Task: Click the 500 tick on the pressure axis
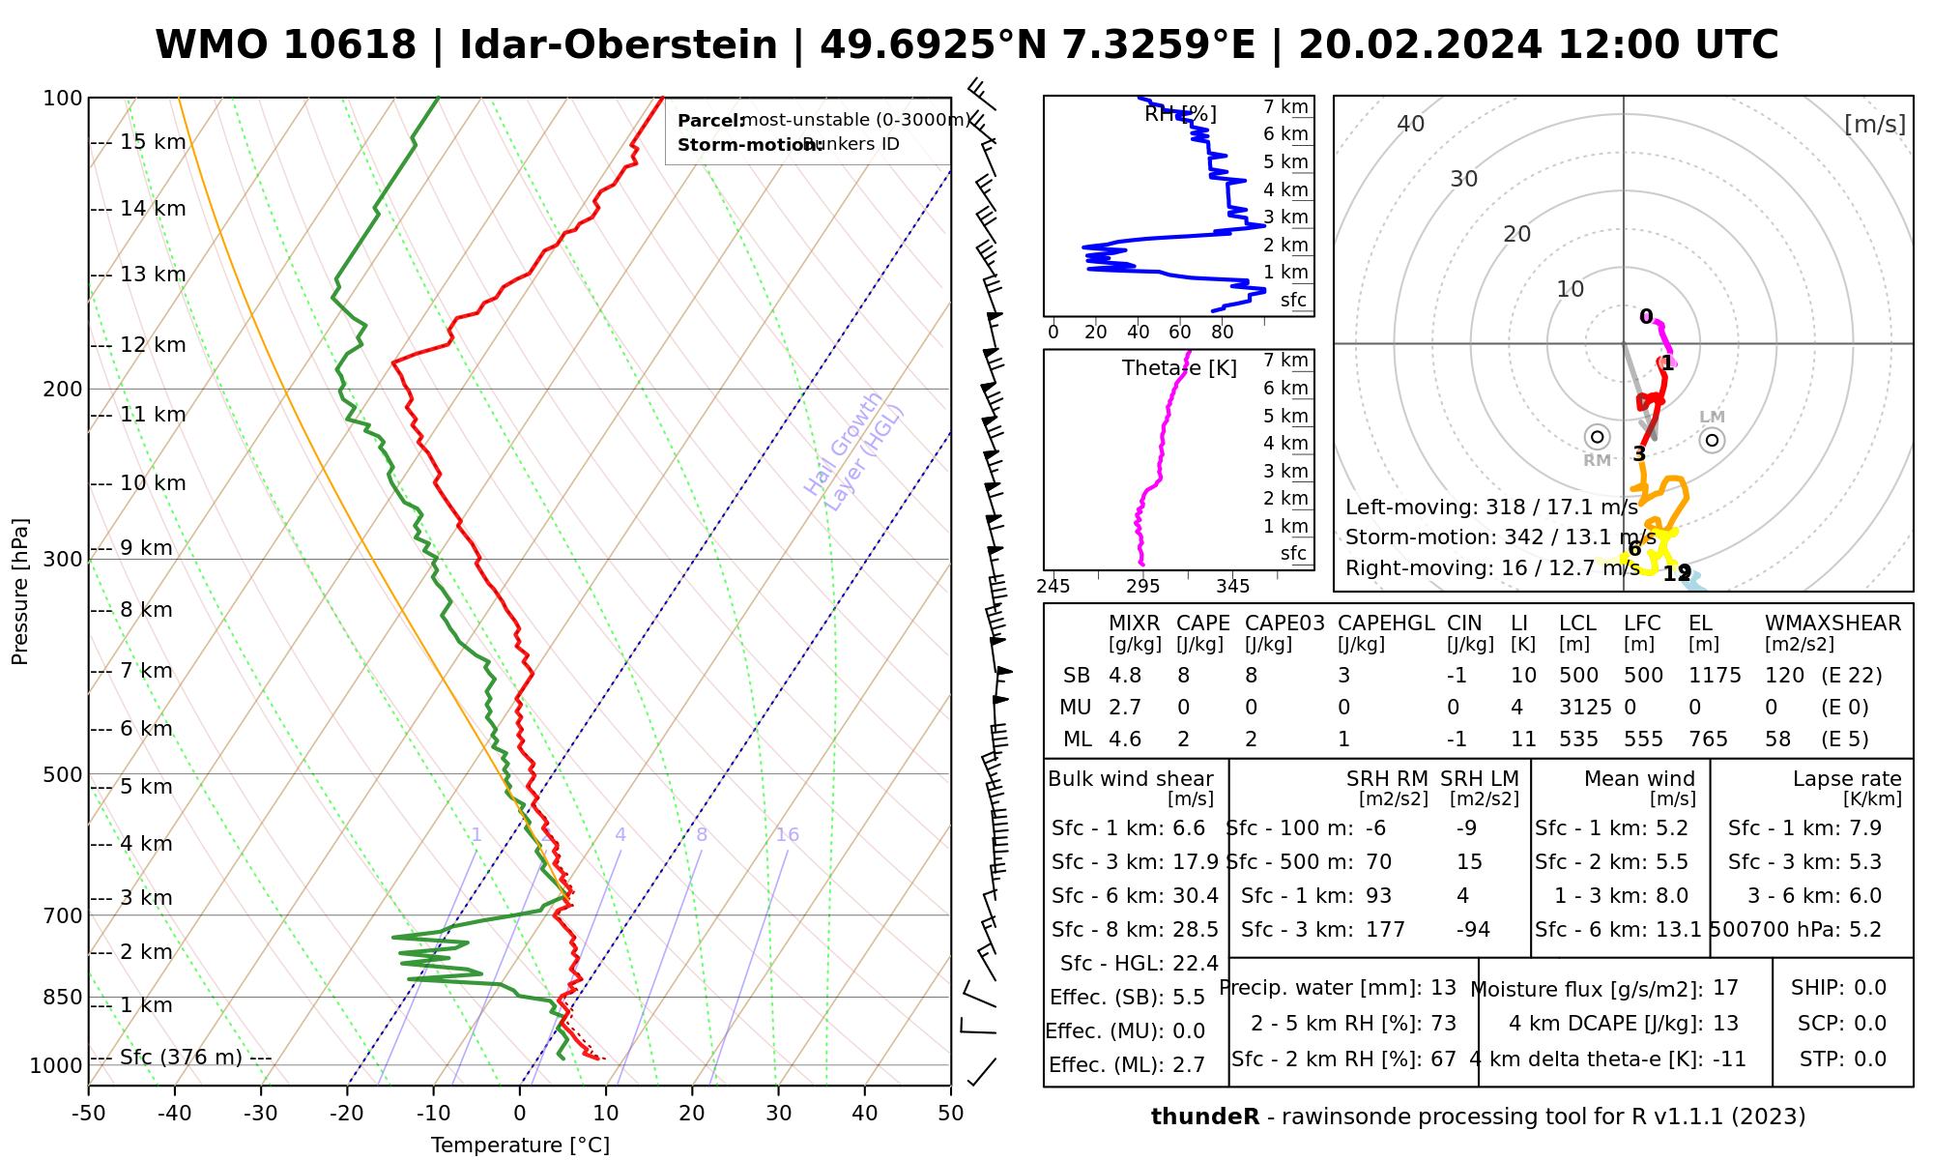click(64, 774)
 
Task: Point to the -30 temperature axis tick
click(261, 1114)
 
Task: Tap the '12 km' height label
click(153, 345)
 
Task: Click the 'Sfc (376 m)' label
click(181, 1058)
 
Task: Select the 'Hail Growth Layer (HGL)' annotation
click(854, 450)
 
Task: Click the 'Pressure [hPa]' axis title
click(20, 592)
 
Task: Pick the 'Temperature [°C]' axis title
click(520, 1145)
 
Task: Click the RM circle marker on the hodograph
click(1597, 437)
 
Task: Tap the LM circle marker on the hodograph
click(1713, 441)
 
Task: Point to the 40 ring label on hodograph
click(1411, 124)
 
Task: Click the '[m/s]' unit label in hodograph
click(1875, 124)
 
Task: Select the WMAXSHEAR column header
click(1832, 623)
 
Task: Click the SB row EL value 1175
click(1715, 676)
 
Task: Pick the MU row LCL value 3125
click(1585, 708)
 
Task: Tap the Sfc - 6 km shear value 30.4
click(1194, 896)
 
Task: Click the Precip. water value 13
click(1443, 988)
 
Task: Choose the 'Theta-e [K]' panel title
click(1179, 368)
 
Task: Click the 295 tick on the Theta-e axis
click(1143, 587)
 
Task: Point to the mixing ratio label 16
click(787, 835)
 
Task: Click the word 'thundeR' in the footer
click(1204, 1117)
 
